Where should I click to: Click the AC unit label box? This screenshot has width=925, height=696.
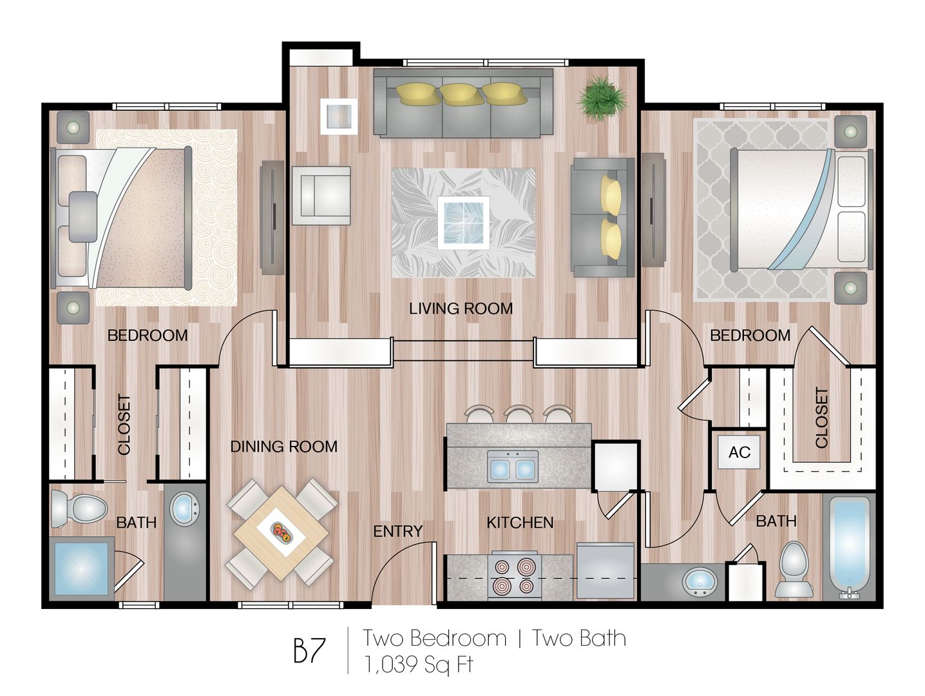click(739, 452)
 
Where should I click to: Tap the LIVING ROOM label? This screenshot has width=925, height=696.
click(461, 309)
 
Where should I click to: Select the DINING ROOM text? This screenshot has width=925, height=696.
click(283, 447)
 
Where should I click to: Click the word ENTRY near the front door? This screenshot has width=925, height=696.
click(397, 531)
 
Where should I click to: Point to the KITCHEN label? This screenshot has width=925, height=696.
click(519, 522)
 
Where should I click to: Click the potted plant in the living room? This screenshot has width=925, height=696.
click(602, 97)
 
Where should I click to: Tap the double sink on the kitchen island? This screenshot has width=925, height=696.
click(513, 467)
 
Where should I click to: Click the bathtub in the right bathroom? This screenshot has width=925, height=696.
click(850, 545)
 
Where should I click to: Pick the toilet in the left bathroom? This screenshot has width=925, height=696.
click(79, 507)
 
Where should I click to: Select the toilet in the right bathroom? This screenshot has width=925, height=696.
click(794, 568)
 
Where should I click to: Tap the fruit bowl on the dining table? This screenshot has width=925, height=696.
click(282, 532)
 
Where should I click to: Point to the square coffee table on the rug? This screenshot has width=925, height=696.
click(463, 222)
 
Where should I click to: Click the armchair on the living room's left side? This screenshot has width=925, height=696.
click(321, 195)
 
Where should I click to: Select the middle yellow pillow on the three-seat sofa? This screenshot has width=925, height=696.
click(462, 94)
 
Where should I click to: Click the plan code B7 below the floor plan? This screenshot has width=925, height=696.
click(310, 650)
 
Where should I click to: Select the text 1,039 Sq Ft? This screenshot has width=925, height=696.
click(419, 664)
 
